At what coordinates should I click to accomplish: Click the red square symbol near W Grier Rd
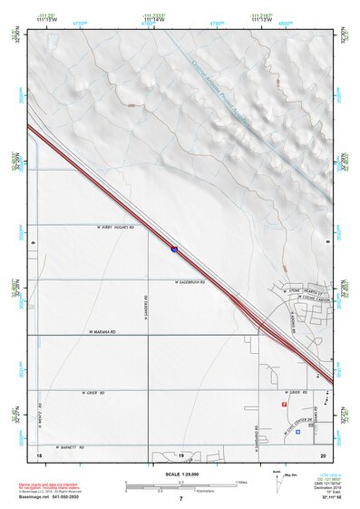point(285,404)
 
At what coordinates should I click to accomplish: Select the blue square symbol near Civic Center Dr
point(297,431)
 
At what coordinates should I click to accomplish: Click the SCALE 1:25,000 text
point(181,474)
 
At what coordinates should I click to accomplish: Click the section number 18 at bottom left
point(39,454)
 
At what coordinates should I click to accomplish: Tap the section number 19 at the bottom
point(180,454)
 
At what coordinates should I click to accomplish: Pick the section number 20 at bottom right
point(323,454)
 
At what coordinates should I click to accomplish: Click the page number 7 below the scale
point(180,499)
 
